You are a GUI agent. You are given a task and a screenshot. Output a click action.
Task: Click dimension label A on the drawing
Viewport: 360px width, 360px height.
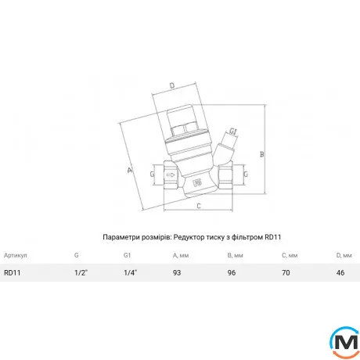point(130,171)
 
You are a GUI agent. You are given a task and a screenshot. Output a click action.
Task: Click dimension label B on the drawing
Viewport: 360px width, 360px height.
point(262,154)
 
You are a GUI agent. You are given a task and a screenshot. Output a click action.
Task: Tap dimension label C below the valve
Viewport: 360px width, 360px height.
point(199,206)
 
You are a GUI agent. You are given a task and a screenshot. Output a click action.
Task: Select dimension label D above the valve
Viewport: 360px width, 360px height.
point(172,85)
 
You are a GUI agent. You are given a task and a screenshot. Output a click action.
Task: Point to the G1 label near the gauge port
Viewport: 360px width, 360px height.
point(233,131)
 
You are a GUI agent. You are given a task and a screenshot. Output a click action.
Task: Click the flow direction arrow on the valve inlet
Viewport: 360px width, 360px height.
point(171,175)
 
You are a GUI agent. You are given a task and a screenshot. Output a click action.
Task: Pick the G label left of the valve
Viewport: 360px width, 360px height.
point(153,174)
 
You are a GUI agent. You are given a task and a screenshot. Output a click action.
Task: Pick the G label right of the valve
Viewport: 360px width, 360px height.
point(246,174)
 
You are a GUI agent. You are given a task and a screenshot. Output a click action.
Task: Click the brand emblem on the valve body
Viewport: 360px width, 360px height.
point(198,183)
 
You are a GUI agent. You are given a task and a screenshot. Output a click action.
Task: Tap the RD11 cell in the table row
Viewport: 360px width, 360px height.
point(13,273)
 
